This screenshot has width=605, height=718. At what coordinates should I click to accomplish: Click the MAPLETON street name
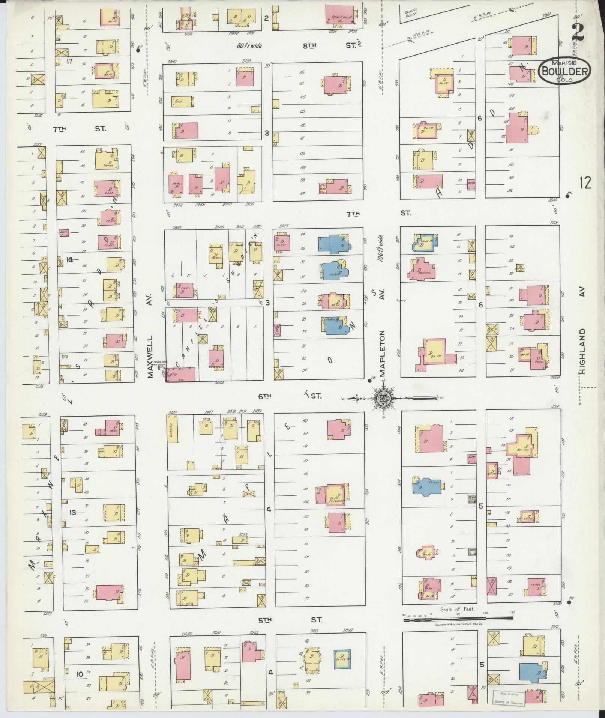pyautogui.click(x=382, y=352)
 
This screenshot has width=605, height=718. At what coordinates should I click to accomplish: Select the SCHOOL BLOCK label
pyautogui.click(x=411, y=14)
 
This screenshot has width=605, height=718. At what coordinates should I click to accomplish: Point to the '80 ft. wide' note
pyautogui.click(x=249, y=46)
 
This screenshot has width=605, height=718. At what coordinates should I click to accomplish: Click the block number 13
pyautogui.click(x=73, y=512)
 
